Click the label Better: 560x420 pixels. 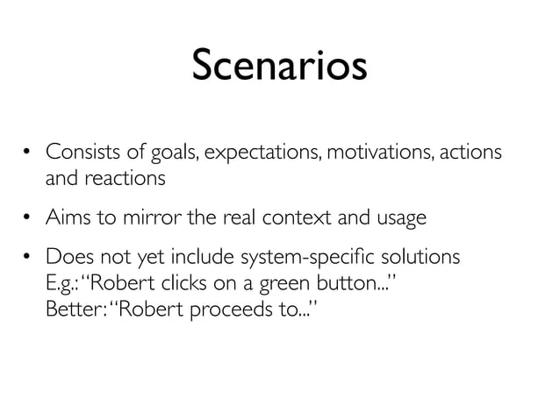(75, 310)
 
